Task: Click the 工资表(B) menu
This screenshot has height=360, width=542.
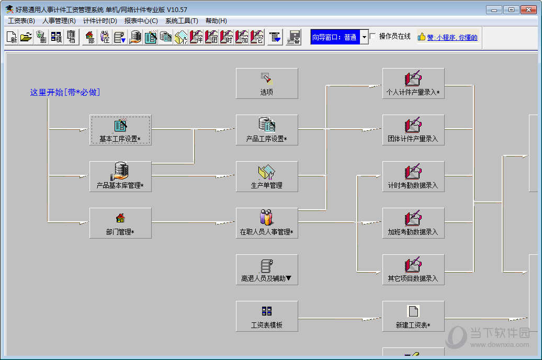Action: (x=21, y=21)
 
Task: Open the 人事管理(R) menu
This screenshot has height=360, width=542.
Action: (x=59, y=21)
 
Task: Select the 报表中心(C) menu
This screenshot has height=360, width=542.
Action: (x=141, y=21)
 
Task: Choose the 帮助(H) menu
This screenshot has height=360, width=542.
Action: (x=216, y=21)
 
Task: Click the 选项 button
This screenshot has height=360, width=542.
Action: (x=267, y=83)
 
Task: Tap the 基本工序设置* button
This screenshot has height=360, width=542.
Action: (x=120, y=130)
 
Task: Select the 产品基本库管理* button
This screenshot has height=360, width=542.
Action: (x=120, y=176)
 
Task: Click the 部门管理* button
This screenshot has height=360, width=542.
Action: (x=120, y=223)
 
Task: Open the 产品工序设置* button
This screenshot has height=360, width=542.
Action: (x=267, y=130)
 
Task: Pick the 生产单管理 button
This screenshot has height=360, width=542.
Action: (x=267, y=176)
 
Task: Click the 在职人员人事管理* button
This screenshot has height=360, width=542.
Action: (x=267, y=223)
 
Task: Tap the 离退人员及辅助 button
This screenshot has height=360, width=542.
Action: (x=267, y=270)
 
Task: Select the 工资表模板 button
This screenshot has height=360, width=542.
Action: (x=267, y=316)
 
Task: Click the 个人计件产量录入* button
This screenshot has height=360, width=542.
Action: (x=413, y=83)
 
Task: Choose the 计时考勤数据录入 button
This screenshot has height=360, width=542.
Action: (x=413, y=176)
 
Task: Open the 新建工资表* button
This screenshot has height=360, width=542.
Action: (x=413, y=316)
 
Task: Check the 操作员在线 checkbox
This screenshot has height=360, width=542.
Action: (x=373, y=36)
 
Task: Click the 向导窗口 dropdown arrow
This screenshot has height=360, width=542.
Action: (x=364, y=37)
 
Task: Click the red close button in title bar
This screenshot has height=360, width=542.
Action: (x=528, y=10)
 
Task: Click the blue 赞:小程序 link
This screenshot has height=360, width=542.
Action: (x=452, y=37)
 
